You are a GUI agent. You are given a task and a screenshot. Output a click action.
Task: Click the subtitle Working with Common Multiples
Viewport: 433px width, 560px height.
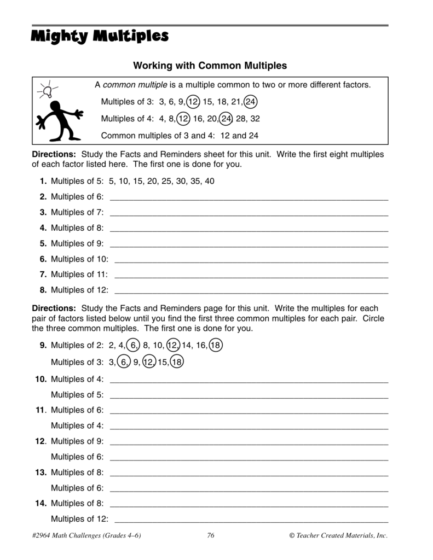pyautogui.click(x=210, y=66)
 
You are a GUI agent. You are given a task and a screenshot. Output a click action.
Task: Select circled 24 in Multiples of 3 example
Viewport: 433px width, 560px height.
pyautogui.click(x=251, y=102)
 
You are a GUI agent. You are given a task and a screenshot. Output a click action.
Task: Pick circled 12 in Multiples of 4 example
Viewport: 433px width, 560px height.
pyautogui.click(x=183, y=118)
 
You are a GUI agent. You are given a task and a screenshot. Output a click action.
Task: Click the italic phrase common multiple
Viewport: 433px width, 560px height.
pyautogui.click(x=135, y=85)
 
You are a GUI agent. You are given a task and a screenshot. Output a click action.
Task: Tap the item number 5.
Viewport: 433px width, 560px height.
pyautogui.click(x=43, y=243)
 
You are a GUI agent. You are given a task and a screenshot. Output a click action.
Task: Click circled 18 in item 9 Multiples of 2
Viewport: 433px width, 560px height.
pyautogui.click(x=215, y=345)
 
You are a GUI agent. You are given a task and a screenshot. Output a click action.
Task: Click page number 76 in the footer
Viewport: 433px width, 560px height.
pyautogui.click(x=211, y=536)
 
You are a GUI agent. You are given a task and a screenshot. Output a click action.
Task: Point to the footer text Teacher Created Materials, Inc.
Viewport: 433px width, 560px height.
pyautogui.click(x=338, y=536)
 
